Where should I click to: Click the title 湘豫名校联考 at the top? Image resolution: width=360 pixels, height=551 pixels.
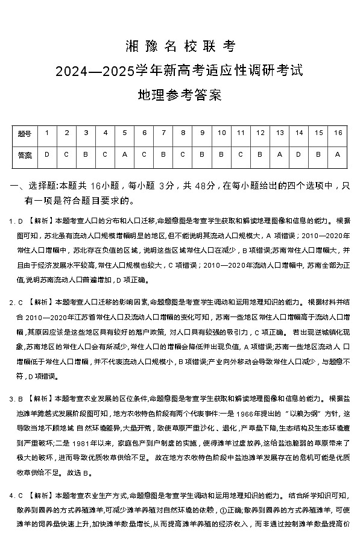tap(179, 46)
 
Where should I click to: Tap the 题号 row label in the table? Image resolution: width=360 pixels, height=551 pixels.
tap(25, 133)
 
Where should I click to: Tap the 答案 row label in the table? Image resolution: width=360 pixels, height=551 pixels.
tap(25, 155)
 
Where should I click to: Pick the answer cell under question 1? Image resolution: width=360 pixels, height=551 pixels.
tap(47, 155)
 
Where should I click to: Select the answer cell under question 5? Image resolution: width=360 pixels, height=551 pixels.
tap(125, 155)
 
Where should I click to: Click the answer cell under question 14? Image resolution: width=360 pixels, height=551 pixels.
tap(299, 155)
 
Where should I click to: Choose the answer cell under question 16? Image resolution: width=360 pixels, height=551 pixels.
tap(338, 155)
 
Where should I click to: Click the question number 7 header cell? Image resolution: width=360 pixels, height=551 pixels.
tap(163, 133)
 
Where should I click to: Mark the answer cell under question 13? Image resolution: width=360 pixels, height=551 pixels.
tap(280, 155)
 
